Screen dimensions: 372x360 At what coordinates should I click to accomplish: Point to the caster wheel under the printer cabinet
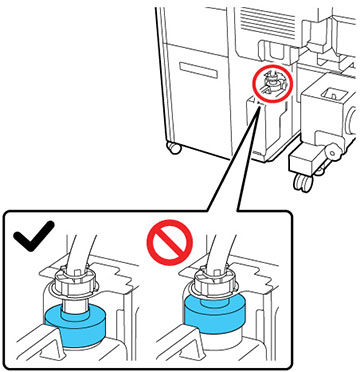point(175,148)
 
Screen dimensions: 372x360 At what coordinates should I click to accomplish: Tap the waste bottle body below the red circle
point(268,125)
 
